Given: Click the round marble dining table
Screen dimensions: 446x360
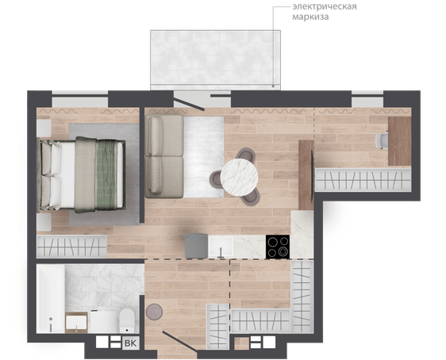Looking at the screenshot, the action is pyautogui.click(x=239, y=178).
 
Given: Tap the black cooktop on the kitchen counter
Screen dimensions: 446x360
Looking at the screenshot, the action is pyautogui.click(x=278, y=247).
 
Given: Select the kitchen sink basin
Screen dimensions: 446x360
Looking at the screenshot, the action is pyautogui.click(x=221, y=247).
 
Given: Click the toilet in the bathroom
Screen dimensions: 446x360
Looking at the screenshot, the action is pyautogui.click(x=126, y=321).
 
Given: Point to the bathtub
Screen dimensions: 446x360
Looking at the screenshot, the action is pyautogui.click(x=51, y=298).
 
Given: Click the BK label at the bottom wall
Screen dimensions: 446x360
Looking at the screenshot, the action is pyautogui.click(x=131, y=343).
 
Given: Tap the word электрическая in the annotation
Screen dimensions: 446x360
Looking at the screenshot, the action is pyautogui.click(x=325, y=6).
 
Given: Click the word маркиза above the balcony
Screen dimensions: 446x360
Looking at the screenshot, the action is pyautogui.click(x=310, y=17).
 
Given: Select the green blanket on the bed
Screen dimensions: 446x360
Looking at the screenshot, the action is pyautogui.click(x=106, y=175).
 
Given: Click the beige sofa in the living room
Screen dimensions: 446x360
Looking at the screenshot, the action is pyautogui.click(x=163, y=156).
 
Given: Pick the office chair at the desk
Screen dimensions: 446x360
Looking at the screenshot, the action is pyautogui.click(x=382, y=140).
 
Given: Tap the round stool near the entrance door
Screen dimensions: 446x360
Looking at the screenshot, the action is pyautogui.click(x=154, y=312).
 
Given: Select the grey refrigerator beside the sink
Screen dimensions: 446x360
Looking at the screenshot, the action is pyautogui.click(x=196, y=246).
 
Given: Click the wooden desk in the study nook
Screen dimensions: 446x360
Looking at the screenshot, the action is pyautogui.click(x=400, y=141).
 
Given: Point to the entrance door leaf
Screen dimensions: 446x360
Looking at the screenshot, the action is pyautogui.click(x=179, y=343).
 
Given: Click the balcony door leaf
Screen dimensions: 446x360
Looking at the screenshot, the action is pyautogui.click(x=189, y=104).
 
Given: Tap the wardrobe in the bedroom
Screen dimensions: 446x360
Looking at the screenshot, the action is pyautogui.click(x=71, y=247).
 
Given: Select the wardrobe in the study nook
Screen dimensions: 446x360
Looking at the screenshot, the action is pyautogui.click(x=363, y=179).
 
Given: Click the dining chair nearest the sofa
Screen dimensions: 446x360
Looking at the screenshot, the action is pyautogui.click(x=217, y=179).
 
